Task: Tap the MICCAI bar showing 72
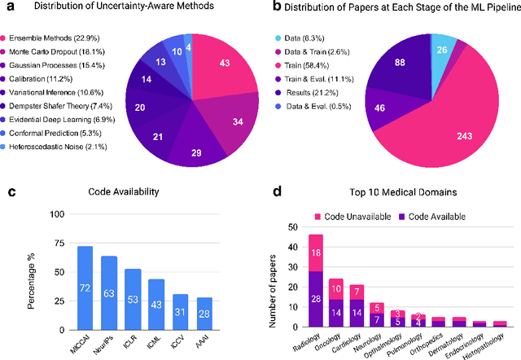85,286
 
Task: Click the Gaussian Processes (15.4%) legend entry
62,63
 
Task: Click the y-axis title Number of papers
280,277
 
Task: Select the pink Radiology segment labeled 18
317,253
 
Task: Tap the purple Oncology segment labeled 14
336,313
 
